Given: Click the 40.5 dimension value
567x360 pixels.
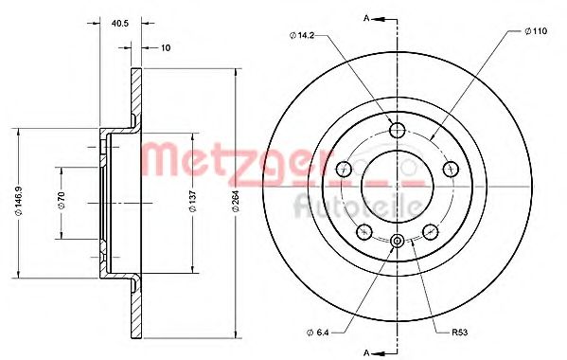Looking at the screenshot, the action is [x=120, y=24].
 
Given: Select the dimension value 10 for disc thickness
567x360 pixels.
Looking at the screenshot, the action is [x=166, y=47].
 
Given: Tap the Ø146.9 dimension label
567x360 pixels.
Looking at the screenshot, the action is [x=19, y=201].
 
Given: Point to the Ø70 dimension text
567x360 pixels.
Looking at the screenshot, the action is [x=62, y=200].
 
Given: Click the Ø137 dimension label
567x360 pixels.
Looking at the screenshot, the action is [x=193, y=201].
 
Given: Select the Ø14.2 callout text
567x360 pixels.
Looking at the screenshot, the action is [x=302, y=35].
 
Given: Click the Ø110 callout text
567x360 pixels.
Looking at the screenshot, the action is [x=536, y=31].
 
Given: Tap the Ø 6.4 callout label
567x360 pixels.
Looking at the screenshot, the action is [x=317, y=333].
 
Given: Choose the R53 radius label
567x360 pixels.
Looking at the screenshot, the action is [x=460, y=333].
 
